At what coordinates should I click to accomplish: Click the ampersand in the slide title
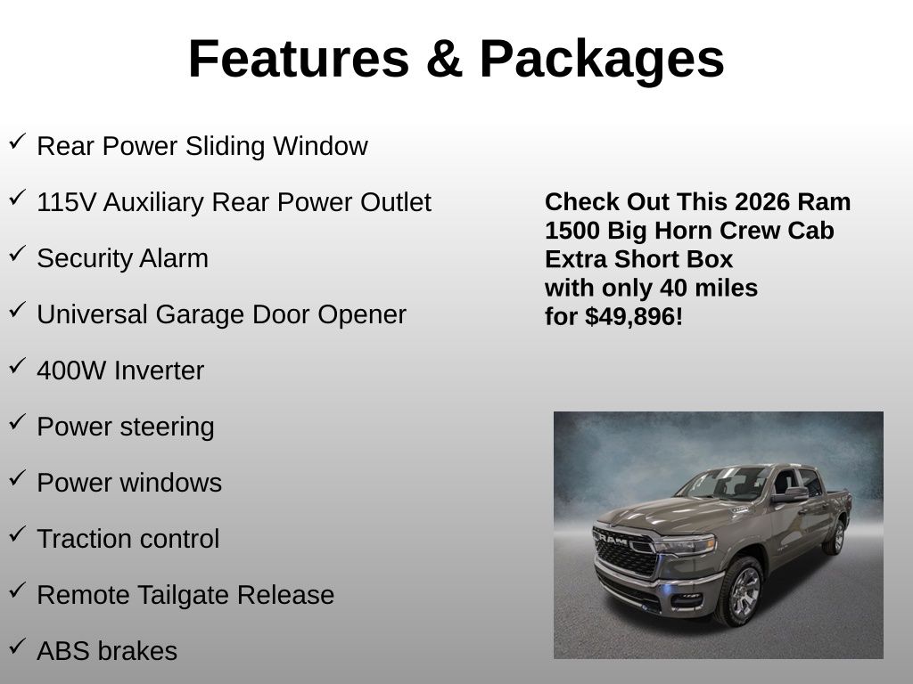[x=444, y=59]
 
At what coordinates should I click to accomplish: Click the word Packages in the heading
[x=602, y=60]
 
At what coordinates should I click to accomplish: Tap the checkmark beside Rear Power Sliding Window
[x=17, y=142]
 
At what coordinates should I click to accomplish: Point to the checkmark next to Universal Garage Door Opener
[x=17, y=310]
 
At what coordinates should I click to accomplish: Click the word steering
[x=167, y=427]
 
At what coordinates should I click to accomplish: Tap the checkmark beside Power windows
[x=17, y=478]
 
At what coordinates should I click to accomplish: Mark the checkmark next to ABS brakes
[x=17, y=647]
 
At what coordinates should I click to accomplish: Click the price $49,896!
[x=634, y=317]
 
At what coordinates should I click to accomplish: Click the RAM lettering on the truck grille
[x=613, y=539]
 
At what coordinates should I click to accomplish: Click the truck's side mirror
[x=790, y=494]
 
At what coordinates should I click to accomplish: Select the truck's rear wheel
[x=835, y=536]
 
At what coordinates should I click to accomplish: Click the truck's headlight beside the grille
[x=685, y=544]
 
